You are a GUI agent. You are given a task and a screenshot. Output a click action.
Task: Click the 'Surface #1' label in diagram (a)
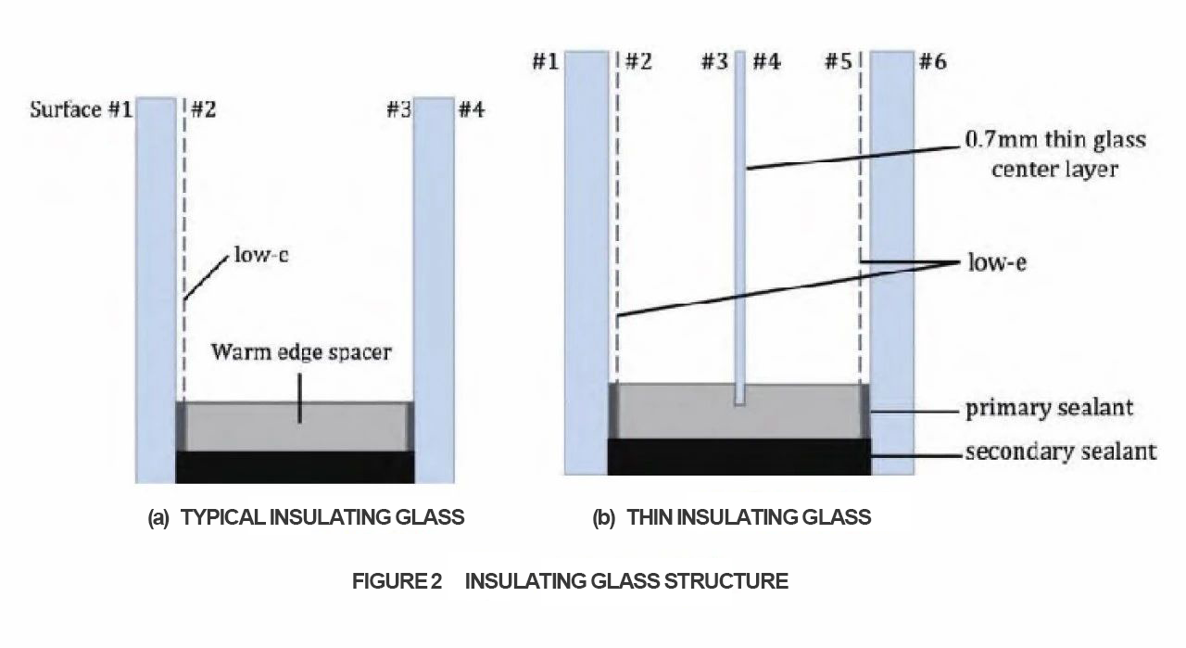(x=81, y=109)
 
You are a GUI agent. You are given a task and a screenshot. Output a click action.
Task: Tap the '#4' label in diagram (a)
(x=472, y=109)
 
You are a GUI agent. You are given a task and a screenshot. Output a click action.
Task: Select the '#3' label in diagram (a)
(x=398, y=109)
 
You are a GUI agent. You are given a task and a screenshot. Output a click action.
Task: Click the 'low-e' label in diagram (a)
(x=261, y=255)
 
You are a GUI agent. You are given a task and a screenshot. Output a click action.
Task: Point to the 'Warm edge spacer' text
(x=301, y=352)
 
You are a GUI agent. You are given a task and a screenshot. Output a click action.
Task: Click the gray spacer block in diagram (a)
(x=295, y=426)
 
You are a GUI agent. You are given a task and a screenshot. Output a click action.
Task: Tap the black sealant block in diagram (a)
(x=295, y=467)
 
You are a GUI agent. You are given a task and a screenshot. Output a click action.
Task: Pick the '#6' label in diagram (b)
(x=933, y=61)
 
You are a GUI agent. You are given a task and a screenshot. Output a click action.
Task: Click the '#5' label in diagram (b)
(x=839, y=61)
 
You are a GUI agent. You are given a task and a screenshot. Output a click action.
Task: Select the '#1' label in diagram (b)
(x=546, y=61)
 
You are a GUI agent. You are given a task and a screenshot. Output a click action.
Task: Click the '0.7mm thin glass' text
(x=1055, y=140)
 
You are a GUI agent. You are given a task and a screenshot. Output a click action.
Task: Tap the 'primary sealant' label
(x=1049, y=408)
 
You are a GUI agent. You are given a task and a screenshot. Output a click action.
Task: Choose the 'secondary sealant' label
(x=1061, y=452)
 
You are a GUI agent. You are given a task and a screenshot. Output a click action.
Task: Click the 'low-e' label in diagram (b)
(x=997, y=262)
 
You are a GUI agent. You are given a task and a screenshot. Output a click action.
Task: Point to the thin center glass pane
(x=740, y=228)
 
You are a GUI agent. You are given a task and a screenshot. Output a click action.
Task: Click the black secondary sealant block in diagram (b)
(x=739, y=456)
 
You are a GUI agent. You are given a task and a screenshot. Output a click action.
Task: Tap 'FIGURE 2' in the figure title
(x=397, y=581)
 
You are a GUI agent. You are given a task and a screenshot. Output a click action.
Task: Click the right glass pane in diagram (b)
(x=892, y=262)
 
